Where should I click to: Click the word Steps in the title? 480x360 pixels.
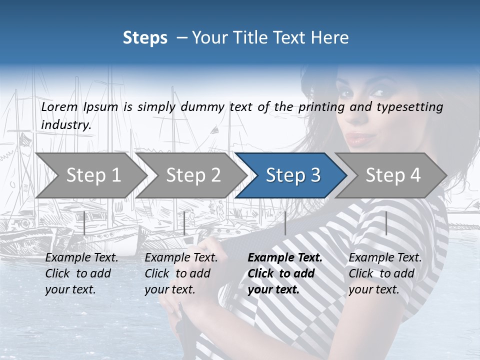click(145, 37)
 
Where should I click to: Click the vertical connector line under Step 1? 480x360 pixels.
click(84, 223)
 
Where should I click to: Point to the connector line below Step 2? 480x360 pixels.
click(184, 223)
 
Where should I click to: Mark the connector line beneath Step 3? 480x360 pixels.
click(285, 223)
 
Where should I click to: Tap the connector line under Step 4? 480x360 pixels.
click(386, 223)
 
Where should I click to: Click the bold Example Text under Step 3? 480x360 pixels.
click(285, 258)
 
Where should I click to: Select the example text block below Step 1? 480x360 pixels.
click(81, 273)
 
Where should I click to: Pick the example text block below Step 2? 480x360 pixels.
click(181, 273)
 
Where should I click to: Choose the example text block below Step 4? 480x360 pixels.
click(385, 273)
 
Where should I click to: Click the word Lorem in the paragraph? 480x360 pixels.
click(59, 106)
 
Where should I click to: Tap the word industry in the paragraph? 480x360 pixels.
click(66, 124)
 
